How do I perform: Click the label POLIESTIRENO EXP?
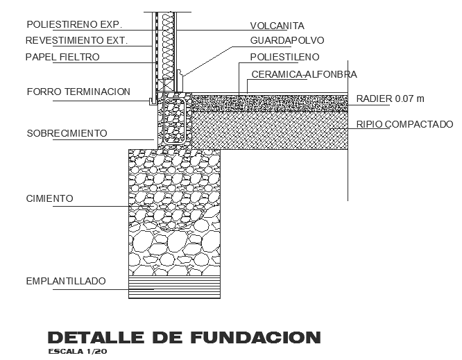click(x=74, y=24)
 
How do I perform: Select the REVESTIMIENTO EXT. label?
click(x=77, y=40)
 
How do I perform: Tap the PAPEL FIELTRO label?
click(x=63, y=57)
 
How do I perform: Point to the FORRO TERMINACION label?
click(x=78, y=92)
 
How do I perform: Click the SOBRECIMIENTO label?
click(x=67, y=132)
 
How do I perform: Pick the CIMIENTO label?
click(x=49, y=199)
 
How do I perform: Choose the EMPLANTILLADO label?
click(x=66, y=281)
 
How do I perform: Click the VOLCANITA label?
click(x=277, y=26)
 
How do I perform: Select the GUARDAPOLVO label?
click(x=287, y=41)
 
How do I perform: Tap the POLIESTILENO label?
click(x=285, y=57)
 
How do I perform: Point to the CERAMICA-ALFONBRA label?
click(x=304, y=74)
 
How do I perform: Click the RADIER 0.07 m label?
click(x=390, y=98)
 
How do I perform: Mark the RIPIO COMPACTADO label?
click(x=404, y=125)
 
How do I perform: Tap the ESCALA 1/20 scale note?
click(x=77, y=352)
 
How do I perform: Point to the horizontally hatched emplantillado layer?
click(x=173, y=287)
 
